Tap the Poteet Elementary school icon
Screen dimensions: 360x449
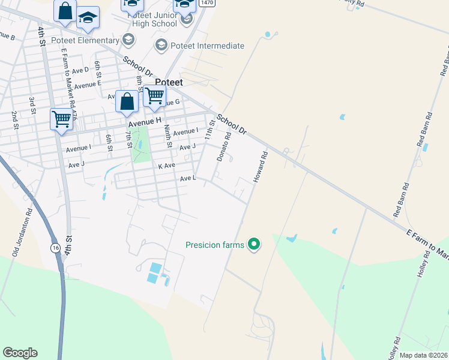coord(127,40)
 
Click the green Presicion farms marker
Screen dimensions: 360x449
coord(254,244)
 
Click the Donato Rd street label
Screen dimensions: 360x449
coord(224,147)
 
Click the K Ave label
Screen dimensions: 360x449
coord(166,165)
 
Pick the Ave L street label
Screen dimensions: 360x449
coord(188,178)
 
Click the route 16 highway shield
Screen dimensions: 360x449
coord(55,248)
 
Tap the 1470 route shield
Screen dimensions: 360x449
coord(207,3)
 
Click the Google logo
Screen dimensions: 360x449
coord(20,353)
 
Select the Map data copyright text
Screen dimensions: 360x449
coord(423,355)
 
